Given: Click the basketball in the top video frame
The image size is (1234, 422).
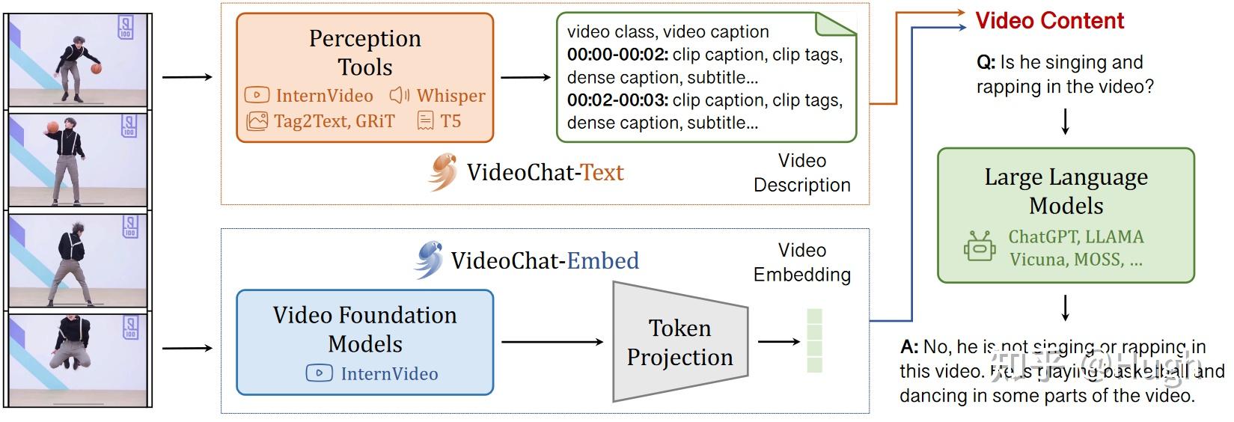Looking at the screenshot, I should click(96, 69).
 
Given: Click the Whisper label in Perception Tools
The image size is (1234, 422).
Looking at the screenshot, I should click(450, 96).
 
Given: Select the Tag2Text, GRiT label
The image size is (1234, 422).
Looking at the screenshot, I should click(334, 121).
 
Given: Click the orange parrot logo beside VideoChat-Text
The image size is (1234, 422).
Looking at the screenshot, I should click(442, 172).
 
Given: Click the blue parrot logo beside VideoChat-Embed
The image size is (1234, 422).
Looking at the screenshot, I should click(428, 260).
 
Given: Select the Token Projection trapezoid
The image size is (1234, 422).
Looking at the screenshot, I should click(679, 342).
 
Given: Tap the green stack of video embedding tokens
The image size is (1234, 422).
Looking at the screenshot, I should click(814, 341).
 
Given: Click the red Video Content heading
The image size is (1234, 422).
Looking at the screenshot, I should click(1049, 21).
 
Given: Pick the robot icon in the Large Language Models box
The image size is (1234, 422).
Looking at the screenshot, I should click(979, 247).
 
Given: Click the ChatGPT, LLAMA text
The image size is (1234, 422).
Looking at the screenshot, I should click(1075, 237).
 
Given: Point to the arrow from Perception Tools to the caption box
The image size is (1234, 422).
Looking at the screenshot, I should click(525, 77).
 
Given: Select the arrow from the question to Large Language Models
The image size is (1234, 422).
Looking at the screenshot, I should click(1066, 121).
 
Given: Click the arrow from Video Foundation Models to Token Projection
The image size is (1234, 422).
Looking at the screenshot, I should click(552, 342).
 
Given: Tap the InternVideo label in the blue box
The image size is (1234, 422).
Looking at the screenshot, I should click(389, 373).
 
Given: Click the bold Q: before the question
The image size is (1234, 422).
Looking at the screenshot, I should click(986, 62).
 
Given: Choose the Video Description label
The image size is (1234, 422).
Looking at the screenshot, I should click(801, 173).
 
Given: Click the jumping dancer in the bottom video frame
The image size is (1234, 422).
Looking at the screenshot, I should click(72, 344).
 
